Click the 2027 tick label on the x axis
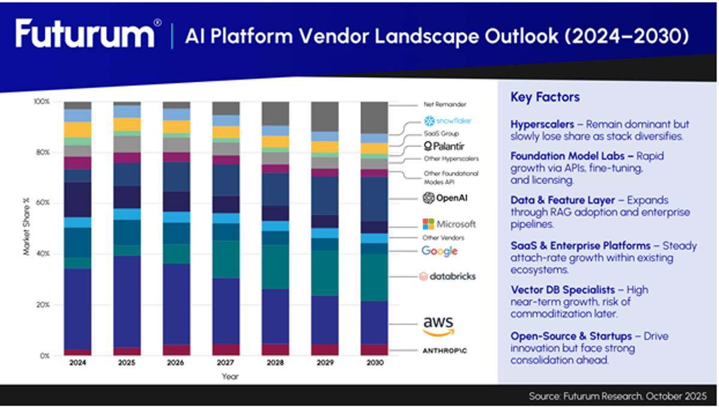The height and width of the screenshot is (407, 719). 225,363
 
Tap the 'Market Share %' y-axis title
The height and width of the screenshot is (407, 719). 26,228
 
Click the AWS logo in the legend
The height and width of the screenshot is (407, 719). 439,325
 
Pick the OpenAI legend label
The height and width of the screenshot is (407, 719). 445,198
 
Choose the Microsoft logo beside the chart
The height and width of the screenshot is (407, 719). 449,224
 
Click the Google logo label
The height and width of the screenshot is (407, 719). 439,251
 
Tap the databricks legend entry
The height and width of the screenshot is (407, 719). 447,276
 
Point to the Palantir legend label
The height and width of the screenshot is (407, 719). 444,146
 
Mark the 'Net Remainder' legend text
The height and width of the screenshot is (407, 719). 444,104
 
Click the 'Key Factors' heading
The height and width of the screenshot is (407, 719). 545,97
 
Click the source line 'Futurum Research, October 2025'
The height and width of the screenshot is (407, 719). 617,396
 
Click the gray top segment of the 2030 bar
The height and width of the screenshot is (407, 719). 373,117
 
